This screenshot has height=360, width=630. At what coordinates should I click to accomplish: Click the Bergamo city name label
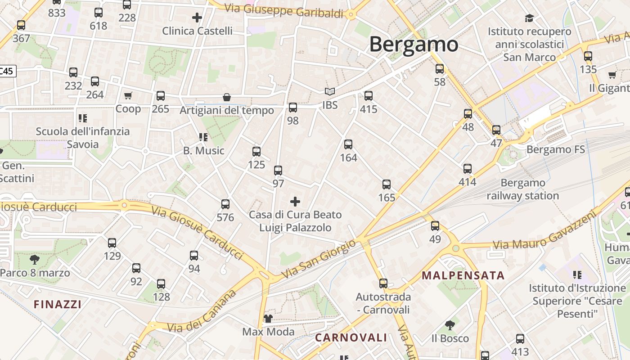[x=414, y=45]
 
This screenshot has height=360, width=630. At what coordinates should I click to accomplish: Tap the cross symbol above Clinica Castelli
[x=197, y=18]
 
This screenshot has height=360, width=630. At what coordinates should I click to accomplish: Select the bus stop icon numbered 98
[x=293, y=108]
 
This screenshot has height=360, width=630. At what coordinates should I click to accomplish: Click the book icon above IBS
[x=330, y=92]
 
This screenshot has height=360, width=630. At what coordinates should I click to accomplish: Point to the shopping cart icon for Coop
[x=128, y=95]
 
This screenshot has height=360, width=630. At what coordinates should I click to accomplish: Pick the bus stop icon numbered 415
[x=369, y=96]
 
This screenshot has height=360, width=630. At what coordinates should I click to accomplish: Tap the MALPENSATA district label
[x=463, y=275]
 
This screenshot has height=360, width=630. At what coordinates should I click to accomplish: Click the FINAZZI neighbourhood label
[x=58, y=304]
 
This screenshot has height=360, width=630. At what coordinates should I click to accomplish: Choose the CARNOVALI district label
[x=351, y=337]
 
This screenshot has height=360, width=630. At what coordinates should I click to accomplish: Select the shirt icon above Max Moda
[x=268, y=319]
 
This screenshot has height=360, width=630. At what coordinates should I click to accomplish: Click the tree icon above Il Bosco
[x=450, y=325]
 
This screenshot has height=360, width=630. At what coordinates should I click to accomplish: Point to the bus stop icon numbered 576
[x=225, y=204]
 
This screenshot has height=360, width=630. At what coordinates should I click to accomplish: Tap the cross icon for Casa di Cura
[x=295, y=201]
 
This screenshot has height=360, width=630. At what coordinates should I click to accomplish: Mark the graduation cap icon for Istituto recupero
[x=529, y=18]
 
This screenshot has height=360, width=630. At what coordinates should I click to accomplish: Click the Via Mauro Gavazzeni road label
[x=544, y=230]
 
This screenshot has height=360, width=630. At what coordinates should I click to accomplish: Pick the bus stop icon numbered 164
[x=348, y=144]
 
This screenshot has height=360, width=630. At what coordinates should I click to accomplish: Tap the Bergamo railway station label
[x=523, y=189]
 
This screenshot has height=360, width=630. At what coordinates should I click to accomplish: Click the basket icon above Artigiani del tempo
[x=227, y=97]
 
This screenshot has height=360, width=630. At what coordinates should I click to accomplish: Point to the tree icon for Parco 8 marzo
[x=34, y=259]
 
